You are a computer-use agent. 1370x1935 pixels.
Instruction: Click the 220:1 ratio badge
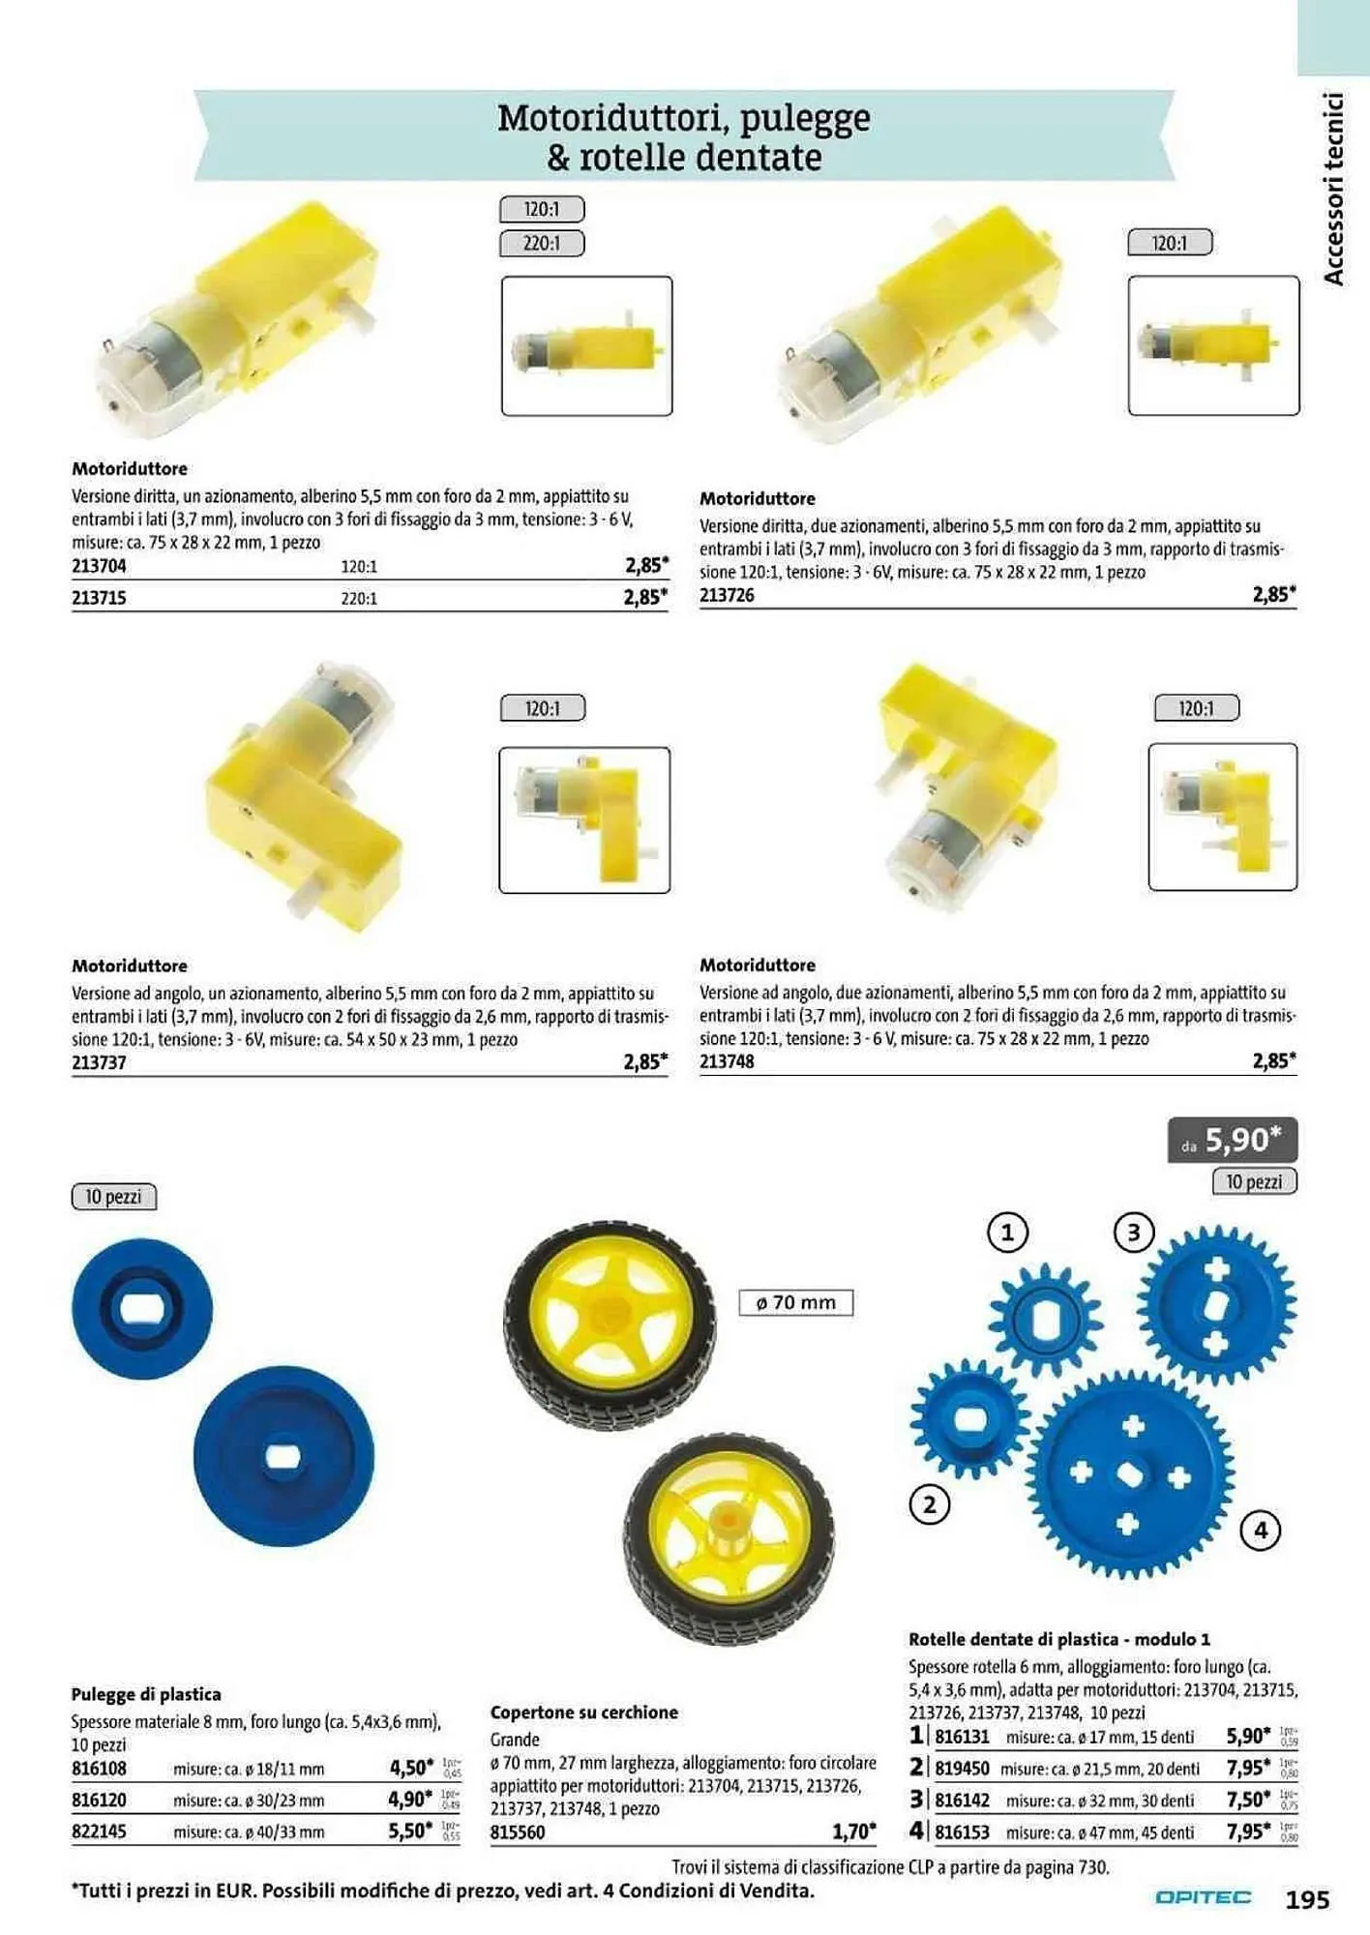542,243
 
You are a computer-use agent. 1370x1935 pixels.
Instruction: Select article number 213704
99,566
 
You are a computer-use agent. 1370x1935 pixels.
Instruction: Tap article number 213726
727,595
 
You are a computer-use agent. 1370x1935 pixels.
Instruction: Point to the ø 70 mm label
795,1302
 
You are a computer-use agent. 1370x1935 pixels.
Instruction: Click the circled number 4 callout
1260,1530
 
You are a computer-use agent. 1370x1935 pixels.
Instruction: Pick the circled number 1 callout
1007,1233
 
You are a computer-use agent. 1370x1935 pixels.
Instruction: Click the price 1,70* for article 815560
853,1831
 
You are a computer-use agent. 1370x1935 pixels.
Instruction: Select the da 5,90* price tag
1233,1140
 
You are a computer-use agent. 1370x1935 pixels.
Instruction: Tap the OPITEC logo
1203,1897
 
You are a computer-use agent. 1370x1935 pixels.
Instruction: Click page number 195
1307,1899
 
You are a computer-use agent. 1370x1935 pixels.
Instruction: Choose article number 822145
99,1831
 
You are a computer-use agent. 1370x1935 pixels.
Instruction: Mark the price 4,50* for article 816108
411,1768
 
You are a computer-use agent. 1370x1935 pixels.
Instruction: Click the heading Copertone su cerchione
583,1712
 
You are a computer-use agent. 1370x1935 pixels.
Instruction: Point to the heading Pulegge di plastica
146,1694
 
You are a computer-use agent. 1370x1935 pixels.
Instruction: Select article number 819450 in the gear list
962,1768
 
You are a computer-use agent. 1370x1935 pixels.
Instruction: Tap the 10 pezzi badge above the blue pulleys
113,1197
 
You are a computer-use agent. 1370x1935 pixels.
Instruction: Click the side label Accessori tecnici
1334,189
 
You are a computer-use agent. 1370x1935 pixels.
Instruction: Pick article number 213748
727,1061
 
